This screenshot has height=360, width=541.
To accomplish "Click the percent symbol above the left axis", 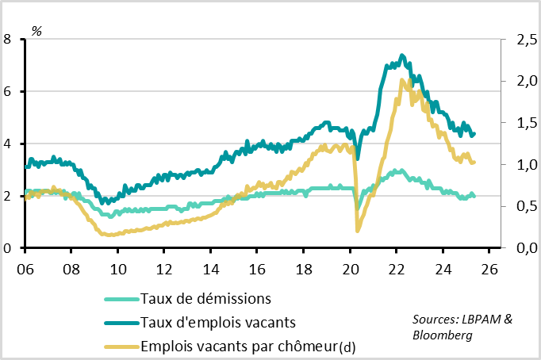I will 36,31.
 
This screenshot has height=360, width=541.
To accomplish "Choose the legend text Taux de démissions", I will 205,299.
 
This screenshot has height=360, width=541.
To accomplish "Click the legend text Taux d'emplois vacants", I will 217,322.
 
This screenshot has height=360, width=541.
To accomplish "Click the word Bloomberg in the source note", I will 443,335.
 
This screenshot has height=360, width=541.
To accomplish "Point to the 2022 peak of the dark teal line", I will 402,55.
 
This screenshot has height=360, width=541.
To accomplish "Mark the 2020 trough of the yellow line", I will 358,231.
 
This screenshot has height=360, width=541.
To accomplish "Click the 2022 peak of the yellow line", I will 402,79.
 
